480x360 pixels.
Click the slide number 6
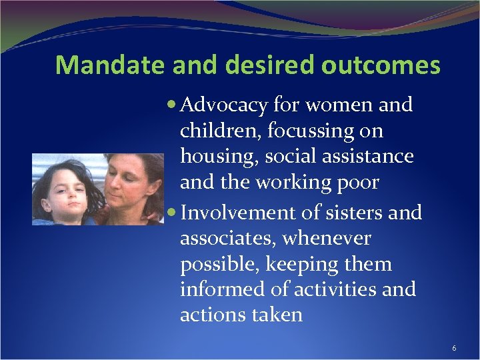454,348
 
